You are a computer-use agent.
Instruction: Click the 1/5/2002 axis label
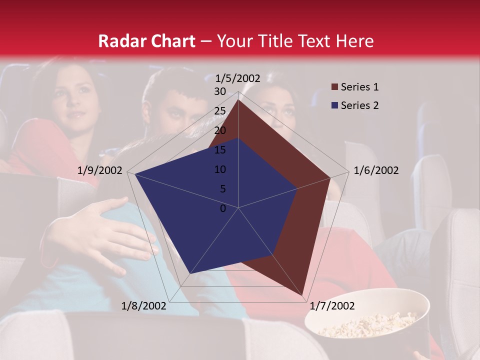238,78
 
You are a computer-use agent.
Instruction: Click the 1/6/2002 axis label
376,170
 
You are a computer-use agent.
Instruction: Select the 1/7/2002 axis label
332,306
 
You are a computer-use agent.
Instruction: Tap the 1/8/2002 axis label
144,306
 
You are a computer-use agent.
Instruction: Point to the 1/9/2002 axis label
100,170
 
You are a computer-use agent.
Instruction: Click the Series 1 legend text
359,87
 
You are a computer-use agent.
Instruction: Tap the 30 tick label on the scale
220,91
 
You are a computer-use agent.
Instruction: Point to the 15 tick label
220,150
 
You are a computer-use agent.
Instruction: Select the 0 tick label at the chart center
223,208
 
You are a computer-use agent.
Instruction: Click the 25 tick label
220,111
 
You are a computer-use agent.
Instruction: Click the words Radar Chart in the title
146,41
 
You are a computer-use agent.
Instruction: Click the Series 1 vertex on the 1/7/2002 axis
303,295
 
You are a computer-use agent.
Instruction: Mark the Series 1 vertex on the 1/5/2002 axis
238,99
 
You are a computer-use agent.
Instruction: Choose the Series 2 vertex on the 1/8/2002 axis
190,273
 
